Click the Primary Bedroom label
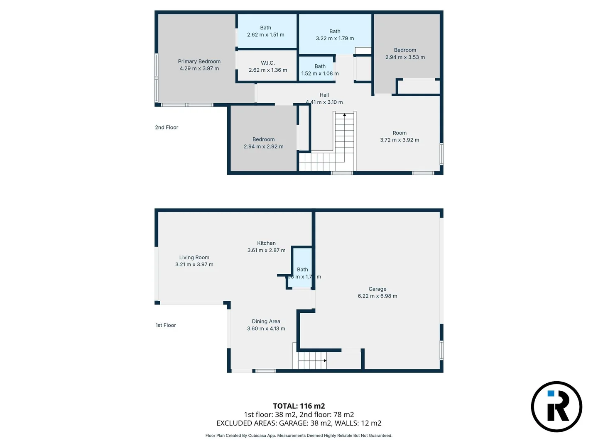coord(199,61)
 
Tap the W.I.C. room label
coord(268,63)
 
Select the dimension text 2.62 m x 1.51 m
coord(266,35)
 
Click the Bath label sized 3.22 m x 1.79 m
coord(335,32)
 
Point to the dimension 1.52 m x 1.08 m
coord(320,73)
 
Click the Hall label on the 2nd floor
coord(324,95)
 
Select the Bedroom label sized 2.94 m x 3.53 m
coord(405,50)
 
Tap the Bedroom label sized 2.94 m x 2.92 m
coord(264,139)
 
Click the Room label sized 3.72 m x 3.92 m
coord(399,133)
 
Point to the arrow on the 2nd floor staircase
coord(344,115)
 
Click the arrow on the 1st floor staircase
coord(325,360)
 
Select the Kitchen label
coord(266,243)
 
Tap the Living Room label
coord(194,258)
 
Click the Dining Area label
coord(266,321)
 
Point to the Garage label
coord(377,289)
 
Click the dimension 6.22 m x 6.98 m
coord(377,296)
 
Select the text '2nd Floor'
coord(167,127)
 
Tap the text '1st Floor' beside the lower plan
coord(166,325)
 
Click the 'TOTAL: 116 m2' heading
coord(299,406)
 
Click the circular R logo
coord(556,407)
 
